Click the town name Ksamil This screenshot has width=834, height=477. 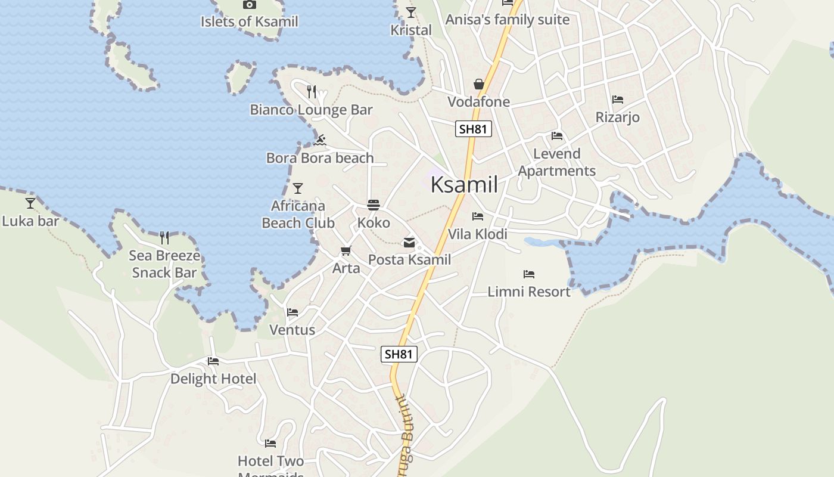(x=464, y=184)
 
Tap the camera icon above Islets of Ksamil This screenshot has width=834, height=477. (x=250, y=5)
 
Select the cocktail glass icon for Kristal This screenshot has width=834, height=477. (x=411, y=12)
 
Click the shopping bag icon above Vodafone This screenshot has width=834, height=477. (x=479, y=84)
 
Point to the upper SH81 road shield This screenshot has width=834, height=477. (x=474, y=129)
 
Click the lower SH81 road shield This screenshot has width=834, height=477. (x=399, y=354)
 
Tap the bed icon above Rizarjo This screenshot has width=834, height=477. (x=618, y=100)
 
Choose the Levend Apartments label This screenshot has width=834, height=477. (x=557, y=162)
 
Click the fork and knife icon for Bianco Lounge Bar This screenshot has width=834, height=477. (x=312, y=91)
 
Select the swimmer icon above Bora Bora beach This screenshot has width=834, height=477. (x=320, y=140)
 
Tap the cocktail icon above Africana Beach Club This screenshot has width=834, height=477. (x=298, y=188)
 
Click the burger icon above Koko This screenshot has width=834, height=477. (x=374, y=205)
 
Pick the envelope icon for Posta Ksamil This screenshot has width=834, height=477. (x=409, y=242)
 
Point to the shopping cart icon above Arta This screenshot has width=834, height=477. (x=346, y=250)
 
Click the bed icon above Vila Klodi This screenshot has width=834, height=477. (x=478, y=216)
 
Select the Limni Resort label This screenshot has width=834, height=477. (x=529, y=292)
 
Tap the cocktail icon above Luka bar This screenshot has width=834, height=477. (x=30, y=203)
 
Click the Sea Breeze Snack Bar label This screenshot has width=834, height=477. (x=164, y=264)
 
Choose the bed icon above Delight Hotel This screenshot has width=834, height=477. (x=213, y=361)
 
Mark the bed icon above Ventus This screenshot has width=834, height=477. (x=292, y=312)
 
